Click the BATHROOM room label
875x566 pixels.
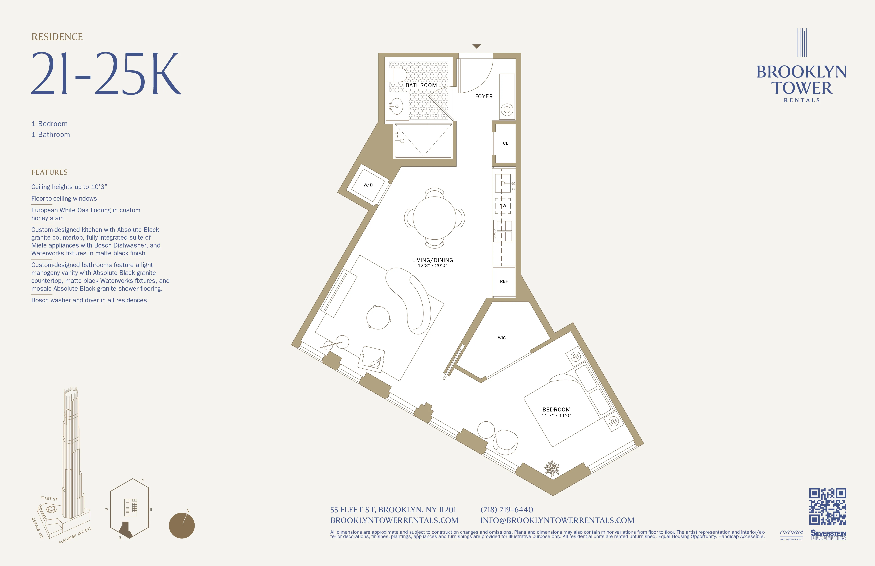point(421,85)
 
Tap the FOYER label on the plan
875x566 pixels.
point(483,96)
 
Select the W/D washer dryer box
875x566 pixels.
point(368,185)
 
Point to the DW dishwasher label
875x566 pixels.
point(503,206)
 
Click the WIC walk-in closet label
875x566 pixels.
point(501,338)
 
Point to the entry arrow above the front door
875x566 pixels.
point(476,46)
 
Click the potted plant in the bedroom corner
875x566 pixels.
point(551,469)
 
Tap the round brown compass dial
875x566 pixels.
point(182,526)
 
